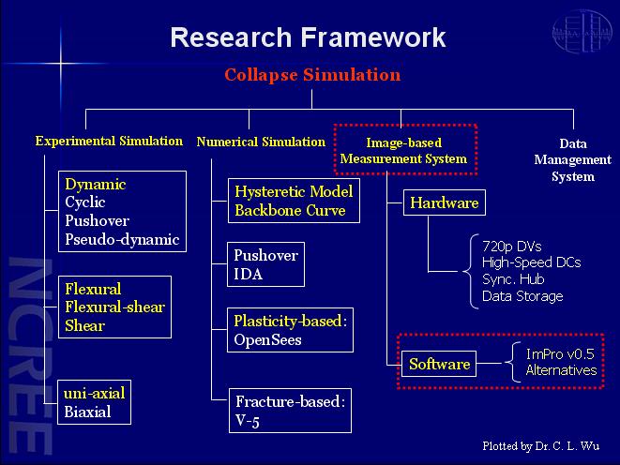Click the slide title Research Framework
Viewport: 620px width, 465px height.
pyautogui.click(x=308, y=37)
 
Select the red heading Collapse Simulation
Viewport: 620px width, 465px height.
pyautogui.click(x=312, y=75)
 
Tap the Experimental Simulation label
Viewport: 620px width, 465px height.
pyautogui.click(x=109, y=141)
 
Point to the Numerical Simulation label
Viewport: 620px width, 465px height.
pyautogui.click(x=261, y=142)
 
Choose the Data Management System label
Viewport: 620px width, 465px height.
pyautogui.click(x=572, y=160)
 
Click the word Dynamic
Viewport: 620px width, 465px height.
pyautogui.click(x=96, y=185)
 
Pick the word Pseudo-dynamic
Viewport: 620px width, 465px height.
pyautogui.click(x=122, y=239)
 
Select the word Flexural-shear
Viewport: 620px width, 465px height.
pyautogui.click(x=114, y=307)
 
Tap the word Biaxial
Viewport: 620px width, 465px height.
pyautogui.click(x=87, y=412)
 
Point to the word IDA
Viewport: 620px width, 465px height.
pyautogui.click(x=248, y=274)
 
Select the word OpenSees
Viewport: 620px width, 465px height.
pyautogui.click(x=267, y=340)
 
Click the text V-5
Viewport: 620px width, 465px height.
pyautogui.click(x=248, y=421)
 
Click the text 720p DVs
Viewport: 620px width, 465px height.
pyautogui.click(x=511, y=247)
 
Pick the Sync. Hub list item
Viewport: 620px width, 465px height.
pyautogui.click(x=513, y=279)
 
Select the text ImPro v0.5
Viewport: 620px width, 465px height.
pyautogui.click(x=560, y=354)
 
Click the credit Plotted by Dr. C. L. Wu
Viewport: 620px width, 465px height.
pyautogui.click(x=541, y=446)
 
